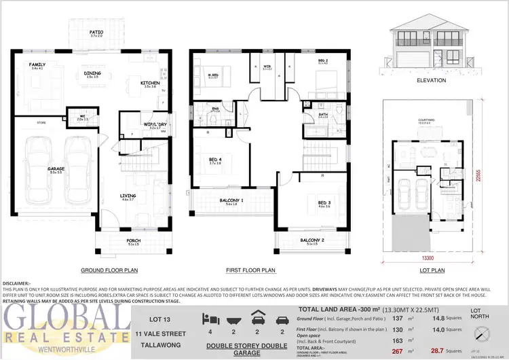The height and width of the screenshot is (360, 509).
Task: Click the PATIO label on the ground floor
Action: tap(97, 32)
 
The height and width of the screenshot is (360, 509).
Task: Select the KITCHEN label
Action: tap(151, 83)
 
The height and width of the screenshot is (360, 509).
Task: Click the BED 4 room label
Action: tap(216, 160)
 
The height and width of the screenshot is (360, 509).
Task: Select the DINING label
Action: tap(93, 74)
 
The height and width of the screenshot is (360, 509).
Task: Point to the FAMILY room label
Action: tap(37, 65)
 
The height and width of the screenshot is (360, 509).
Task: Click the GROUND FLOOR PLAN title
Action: tap(109, 270)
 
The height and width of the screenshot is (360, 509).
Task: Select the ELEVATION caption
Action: tap(432, 80)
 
